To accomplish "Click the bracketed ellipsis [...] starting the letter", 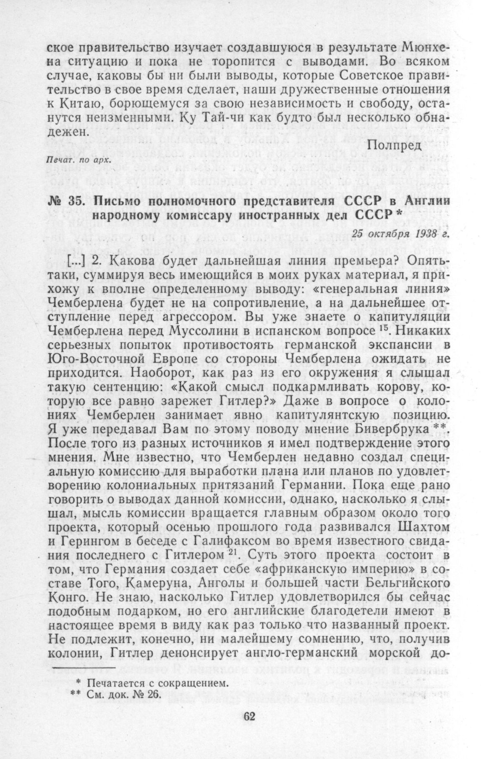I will coord(76,261).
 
